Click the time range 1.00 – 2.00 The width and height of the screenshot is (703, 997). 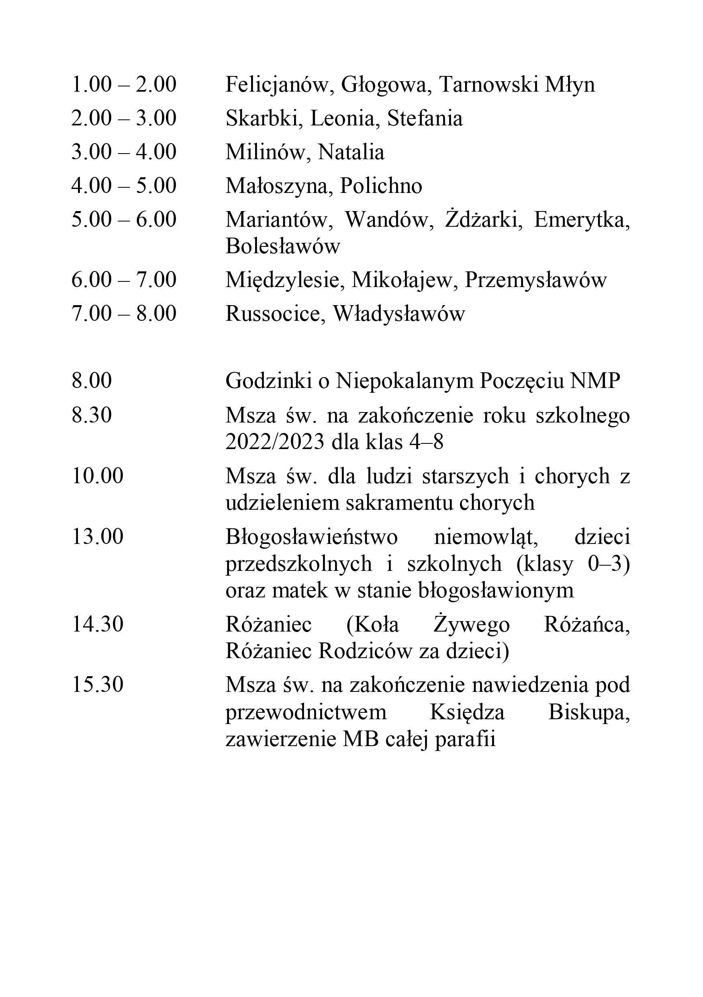(124, 84)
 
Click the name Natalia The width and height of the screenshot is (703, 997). (351, 152)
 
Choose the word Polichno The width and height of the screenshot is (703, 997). (381, 186)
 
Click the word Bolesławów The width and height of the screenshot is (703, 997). (282, 246)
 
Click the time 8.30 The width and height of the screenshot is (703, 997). (92, 415)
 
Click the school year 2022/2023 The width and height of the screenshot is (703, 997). (275, 442)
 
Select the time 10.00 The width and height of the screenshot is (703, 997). (98, 476)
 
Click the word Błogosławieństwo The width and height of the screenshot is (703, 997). (312, 537)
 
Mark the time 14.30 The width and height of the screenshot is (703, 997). (98, 624)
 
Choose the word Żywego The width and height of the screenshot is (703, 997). (472, 624)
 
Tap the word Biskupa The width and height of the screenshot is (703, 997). (589, 713)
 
